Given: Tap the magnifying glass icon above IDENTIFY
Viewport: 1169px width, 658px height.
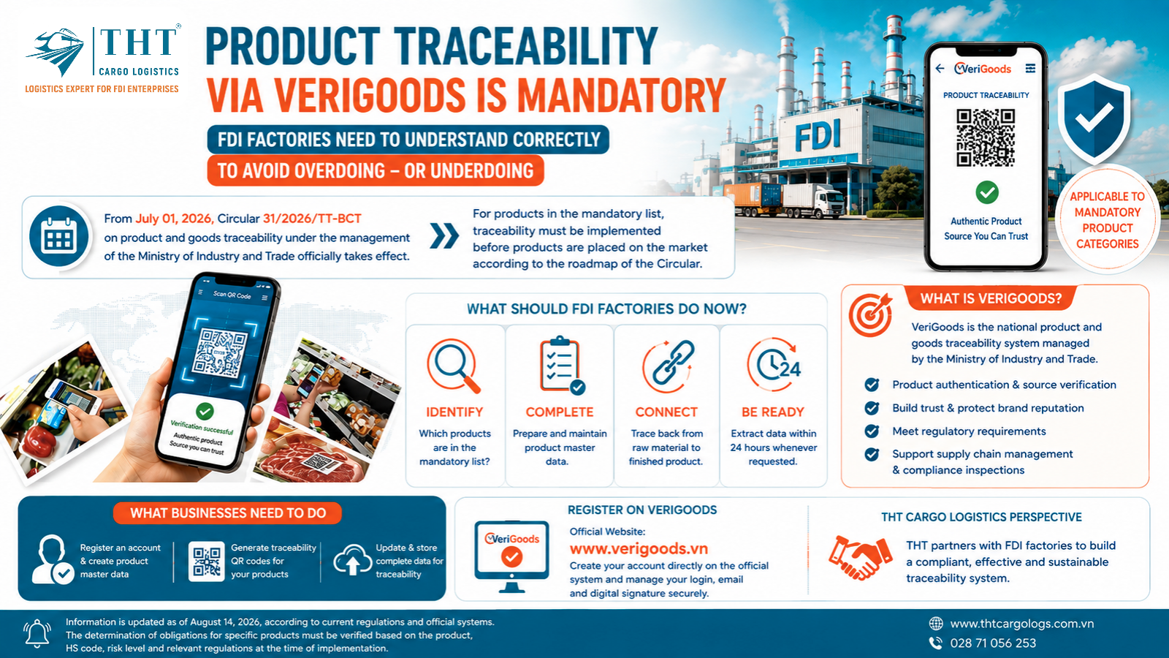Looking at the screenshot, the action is [453, 366].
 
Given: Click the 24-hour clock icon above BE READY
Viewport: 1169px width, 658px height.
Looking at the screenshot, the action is [773, 365].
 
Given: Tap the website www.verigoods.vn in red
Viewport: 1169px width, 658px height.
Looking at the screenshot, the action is [639, 548].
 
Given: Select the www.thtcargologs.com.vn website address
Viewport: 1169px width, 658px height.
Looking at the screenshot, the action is [1022, 624].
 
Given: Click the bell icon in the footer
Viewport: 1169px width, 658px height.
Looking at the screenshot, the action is [37, 633].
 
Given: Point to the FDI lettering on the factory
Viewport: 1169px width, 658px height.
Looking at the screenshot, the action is [818, 135].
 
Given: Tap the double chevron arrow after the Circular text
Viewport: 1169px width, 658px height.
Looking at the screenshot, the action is [444, 236].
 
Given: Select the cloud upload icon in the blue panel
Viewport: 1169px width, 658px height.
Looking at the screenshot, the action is [352, 559].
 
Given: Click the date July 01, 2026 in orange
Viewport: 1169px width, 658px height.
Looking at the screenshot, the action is [175, 219].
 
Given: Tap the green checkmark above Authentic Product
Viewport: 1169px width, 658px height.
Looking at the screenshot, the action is [987, 192].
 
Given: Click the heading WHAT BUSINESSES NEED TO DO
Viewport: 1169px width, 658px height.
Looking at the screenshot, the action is [228, 513].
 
